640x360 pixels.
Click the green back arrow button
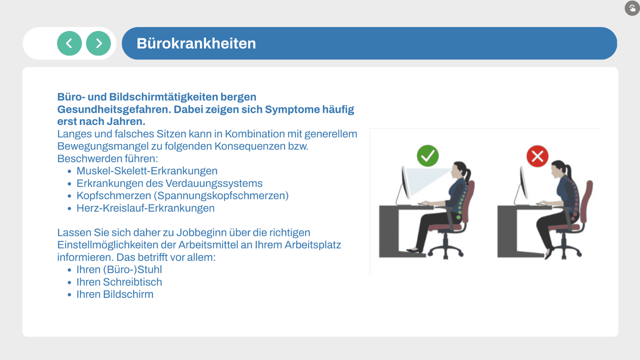pyautogui.click(x=69, y=43)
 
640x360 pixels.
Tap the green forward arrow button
pyautogui.click(x=98, y=43)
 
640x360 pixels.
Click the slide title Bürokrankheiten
pyautogui.click(x=196, y=44)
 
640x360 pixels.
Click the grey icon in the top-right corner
pyautogui.click(x=632, y=8)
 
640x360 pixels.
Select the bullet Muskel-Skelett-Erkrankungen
pyautogui.click(x=147, y=171)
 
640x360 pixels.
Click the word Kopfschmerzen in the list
pyautogui.click(x=114, y=196)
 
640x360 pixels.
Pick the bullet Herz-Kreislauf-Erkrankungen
pyautogui.click(x=146, y=208)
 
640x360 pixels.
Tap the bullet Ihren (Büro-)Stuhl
pyautogui.click(x=119, y=270)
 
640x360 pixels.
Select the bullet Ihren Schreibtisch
pyautogui.click(x=119, y=282)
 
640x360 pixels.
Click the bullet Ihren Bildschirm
pyautogui.click(x=115, y=294)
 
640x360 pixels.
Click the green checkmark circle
pyautogui.click(x=428, y=156)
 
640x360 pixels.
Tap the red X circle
pyautogui.click(x=537, y=156)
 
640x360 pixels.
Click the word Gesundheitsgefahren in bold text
pyautogui.click(x=114, y=109)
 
